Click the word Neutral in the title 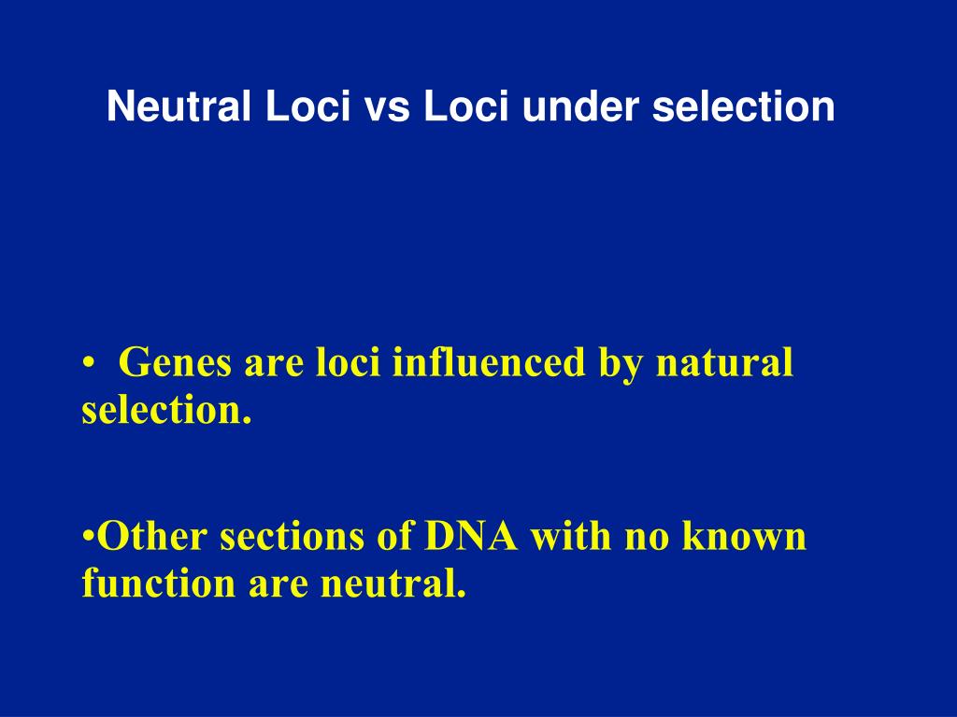point(179,106)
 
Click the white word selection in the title point(743,106)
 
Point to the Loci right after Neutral point(307,106)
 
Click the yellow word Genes point(175,363)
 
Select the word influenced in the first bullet point(488,361)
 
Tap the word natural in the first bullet point(724,361)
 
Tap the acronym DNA point(471,536)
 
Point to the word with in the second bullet point(571,536)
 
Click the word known point(744,536)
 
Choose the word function point(159,583)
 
